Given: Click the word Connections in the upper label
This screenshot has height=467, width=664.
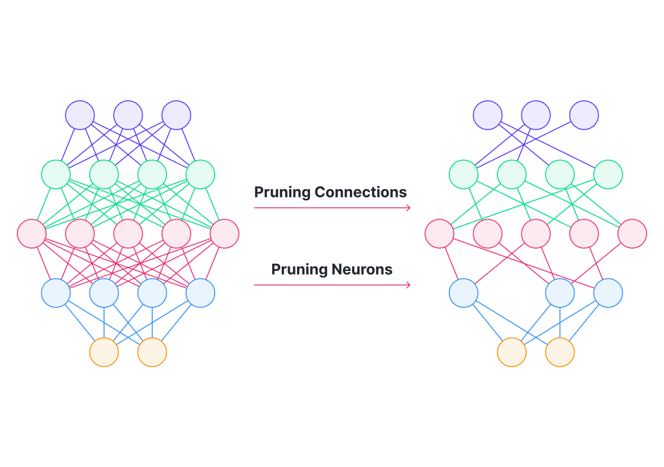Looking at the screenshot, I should click(x=361, y=192).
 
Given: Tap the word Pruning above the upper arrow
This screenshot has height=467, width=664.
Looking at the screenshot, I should click(x=282, y=192).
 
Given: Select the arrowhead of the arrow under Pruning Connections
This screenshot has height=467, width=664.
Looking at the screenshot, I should click(x=408, y=208).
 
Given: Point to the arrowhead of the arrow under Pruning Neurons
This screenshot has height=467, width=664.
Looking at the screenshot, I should click(x=408, y=285).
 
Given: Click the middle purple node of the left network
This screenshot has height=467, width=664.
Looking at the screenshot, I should click(x=128, y=115).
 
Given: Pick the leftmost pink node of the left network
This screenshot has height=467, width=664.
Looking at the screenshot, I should click(x=32, y=233).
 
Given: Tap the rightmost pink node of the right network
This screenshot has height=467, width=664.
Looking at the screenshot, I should click(x=632, y=233).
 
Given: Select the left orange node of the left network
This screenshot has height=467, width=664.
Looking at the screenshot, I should click(x=104, y=352).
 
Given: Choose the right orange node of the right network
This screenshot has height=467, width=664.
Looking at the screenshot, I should click(x=560, y=352).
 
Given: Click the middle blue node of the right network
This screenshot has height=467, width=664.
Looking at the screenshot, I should click(x=560, y=293).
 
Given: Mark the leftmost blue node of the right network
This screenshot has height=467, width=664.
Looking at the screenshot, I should click(x=464, y=293).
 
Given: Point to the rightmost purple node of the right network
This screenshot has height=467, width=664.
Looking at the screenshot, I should click(x=584, y=115).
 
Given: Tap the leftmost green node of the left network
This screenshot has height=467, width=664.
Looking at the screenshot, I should click(x=56, y=174).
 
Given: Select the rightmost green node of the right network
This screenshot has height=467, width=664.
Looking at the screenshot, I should click(x=608, y=174).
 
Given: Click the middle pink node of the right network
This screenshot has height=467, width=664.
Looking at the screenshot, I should click(x=536, y=233).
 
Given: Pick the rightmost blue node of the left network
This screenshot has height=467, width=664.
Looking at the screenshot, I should click(x=200, y=293).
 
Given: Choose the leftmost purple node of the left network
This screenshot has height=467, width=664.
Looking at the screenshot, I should click(x=80, y=115).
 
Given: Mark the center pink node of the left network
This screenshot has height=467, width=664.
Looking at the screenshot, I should click(x=128, y=233).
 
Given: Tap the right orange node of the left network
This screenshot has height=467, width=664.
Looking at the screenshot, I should click(x=152, y=352).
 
